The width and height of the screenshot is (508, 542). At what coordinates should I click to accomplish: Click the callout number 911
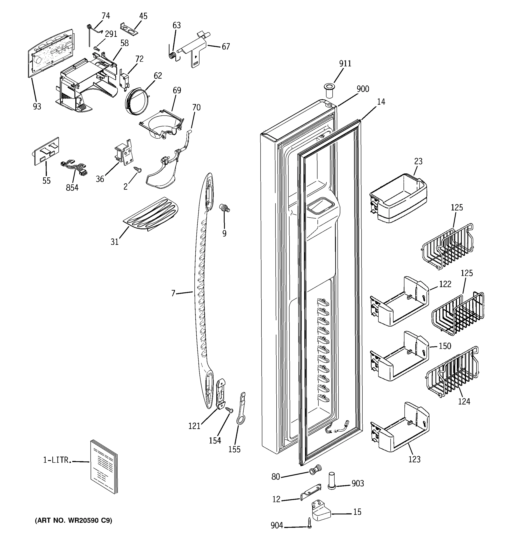click(345, 63)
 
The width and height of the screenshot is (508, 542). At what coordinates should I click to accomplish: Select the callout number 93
click(37, 106)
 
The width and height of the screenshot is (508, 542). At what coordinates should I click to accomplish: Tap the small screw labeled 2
click(138, 170)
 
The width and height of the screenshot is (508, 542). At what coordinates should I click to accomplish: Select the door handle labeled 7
click(203, 292)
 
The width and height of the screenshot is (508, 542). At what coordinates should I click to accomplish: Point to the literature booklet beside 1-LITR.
click(104, 467)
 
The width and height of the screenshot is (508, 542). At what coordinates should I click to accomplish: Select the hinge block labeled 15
click(321, 510)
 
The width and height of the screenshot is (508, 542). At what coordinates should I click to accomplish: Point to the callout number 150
click(445, 346)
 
